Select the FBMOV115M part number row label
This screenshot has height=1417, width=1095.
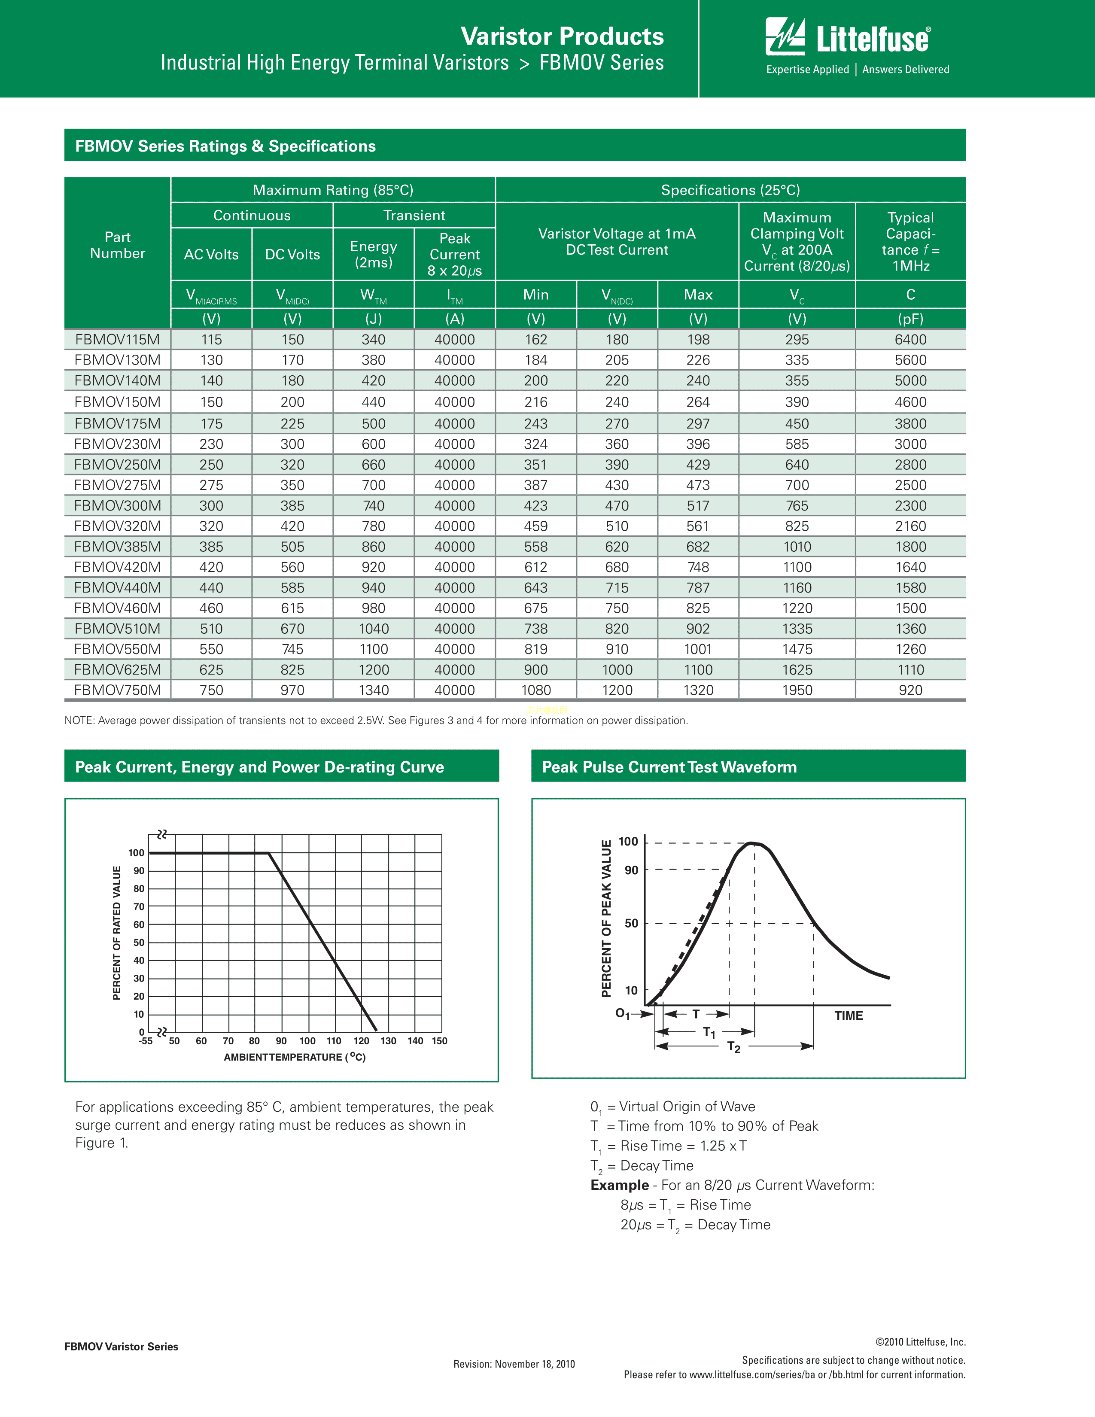[117, 339]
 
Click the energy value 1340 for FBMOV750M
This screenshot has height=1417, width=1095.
[374, 690]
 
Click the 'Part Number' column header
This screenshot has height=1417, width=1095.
[117, 245]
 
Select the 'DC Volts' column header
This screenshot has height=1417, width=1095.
[292, 254]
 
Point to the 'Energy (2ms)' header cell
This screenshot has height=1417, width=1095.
[374, 254]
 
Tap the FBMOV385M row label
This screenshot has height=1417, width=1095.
[117, 547]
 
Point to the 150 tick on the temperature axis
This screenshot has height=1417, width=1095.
[439, 1041]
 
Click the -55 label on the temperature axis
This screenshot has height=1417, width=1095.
[145, 1041]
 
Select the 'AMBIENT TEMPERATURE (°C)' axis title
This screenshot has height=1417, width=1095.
[295, 1057]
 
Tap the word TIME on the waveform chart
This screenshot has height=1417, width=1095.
[849, 1016]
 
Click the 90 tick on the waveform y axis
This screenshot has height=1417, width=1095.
[631, 870]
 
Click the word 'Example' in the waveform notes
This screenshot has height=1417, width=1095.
[619, 1185]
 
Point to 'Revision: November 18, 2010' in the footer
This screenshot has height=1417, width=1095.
[514, 1364]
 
